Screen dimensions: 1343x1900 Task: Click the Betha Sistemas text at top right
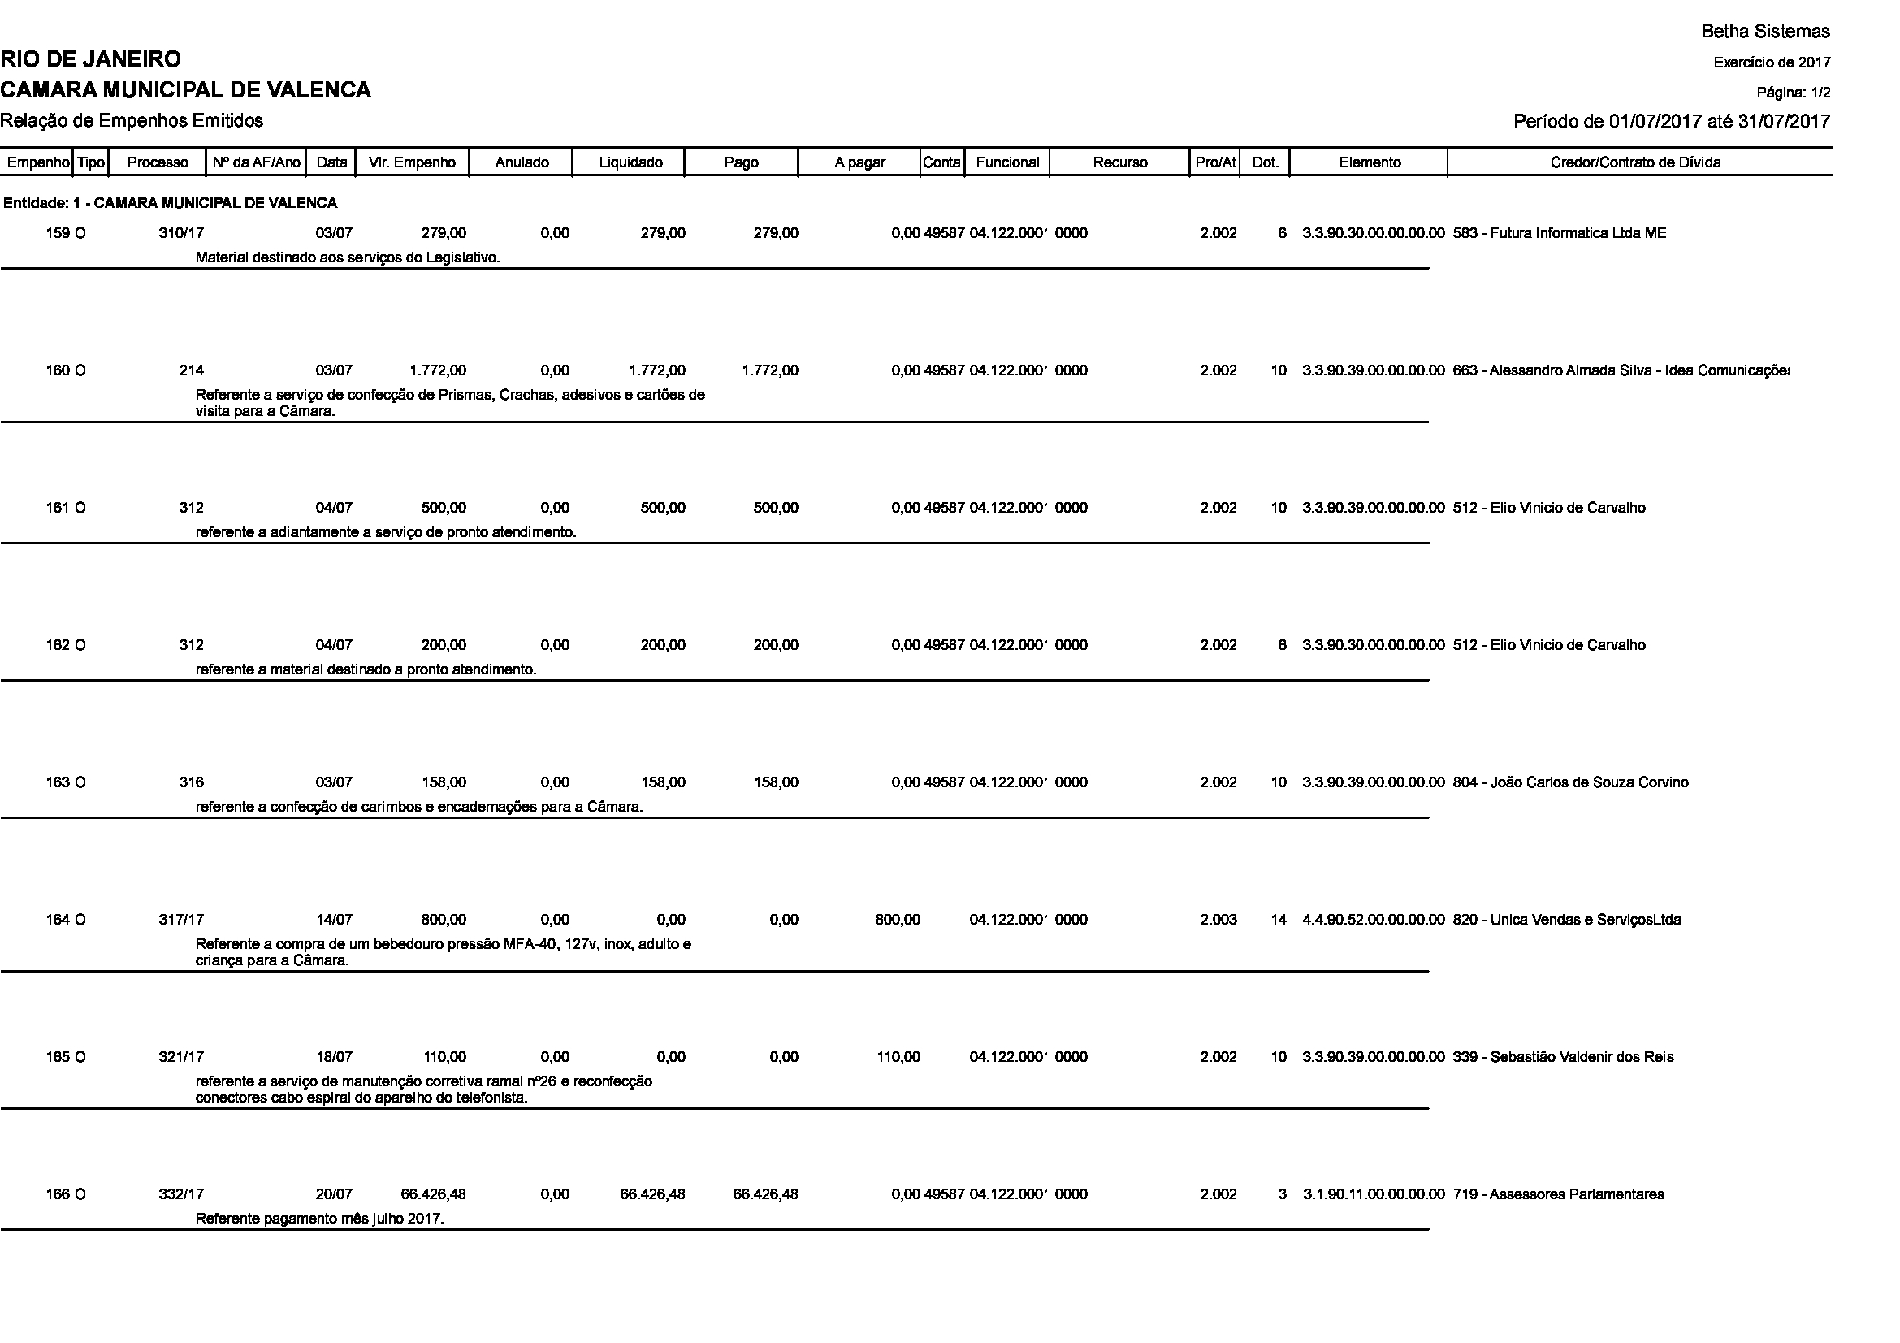(x=1765, y=32)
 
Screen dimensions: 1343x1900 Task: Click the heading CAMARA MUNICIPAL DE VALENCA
(x=185, y=90)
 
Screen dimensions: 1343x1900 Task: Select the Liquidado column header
(x=630, y=163)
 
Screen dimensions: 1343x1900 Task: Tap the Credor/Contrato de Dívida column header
(x=1635, y=163)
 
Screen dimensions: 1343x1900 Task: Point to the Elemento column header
(x=1370, y=163)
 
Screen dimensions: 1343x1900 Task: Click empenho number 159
(x=57, y=233)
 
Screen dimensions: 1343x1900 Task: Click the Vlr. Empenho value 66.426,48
(x=434, y=1194)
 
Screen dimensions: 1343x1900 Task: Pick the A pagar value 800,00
(x=897, y=920)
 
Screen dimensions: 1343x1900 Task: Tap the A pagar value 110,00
(x=898, y=1057)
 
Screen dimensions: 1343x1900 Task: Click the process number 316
(x=191, y=782)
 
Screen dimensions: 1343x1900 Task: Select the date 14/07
(x=334, y=920)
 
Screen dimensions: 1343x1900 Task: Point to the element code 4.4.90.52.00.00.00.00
(x=1373, y=920)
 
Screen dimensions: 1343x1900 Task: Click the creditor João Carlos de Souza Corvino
(x=1570, y=782)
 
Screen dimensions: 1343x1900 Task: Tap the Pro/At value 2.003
(x=1218, y=920)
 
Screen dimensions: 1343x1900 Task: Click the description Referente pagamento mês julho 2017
(x=319, y=1219)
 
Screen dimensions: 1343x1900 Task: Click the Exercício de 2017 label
(x=1772, y=63)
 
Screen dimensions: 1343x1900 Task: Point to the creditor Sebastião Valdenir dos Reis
(x=1562, y=1057)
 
